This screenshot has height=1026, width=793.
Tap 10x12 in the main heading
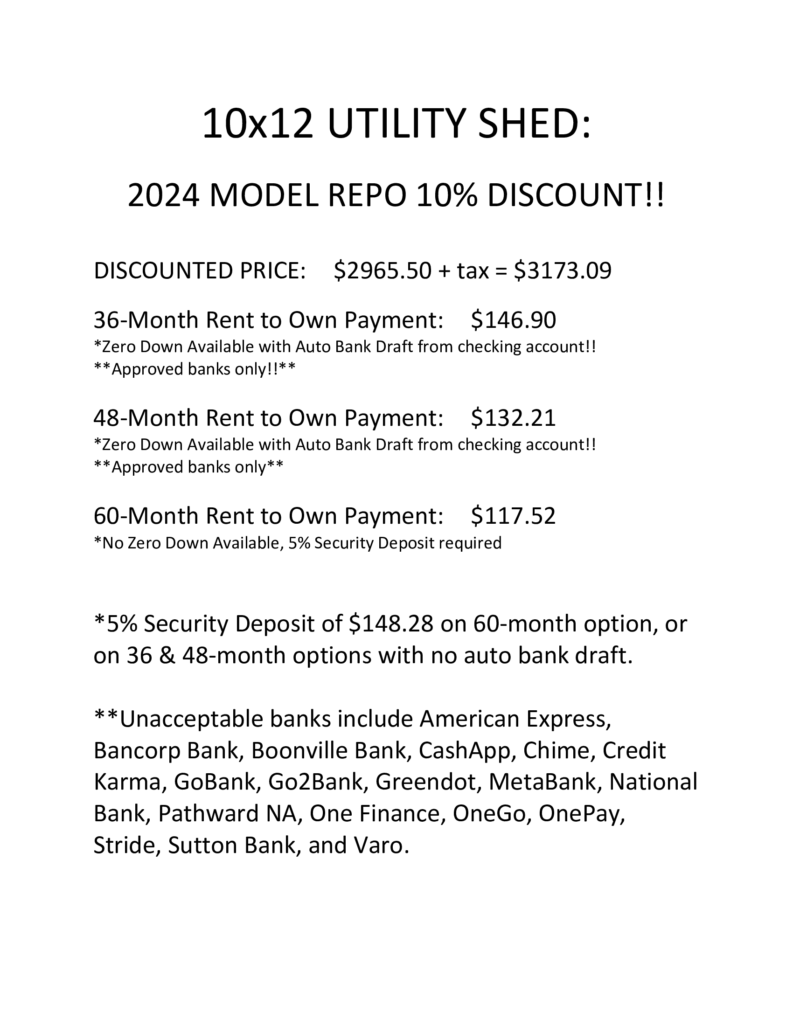(257, 124)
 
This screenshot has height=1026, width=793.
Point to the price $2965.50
(383, 270)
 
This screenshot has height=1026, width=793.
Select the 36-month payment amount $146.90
(513, 320)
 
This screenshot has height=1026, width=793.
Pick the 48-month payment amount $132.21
(513, 418)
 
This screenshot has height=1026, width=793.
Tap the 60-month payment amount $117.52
(513, 515)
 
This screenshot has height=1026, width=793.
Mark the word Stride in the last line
(124, 845)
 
